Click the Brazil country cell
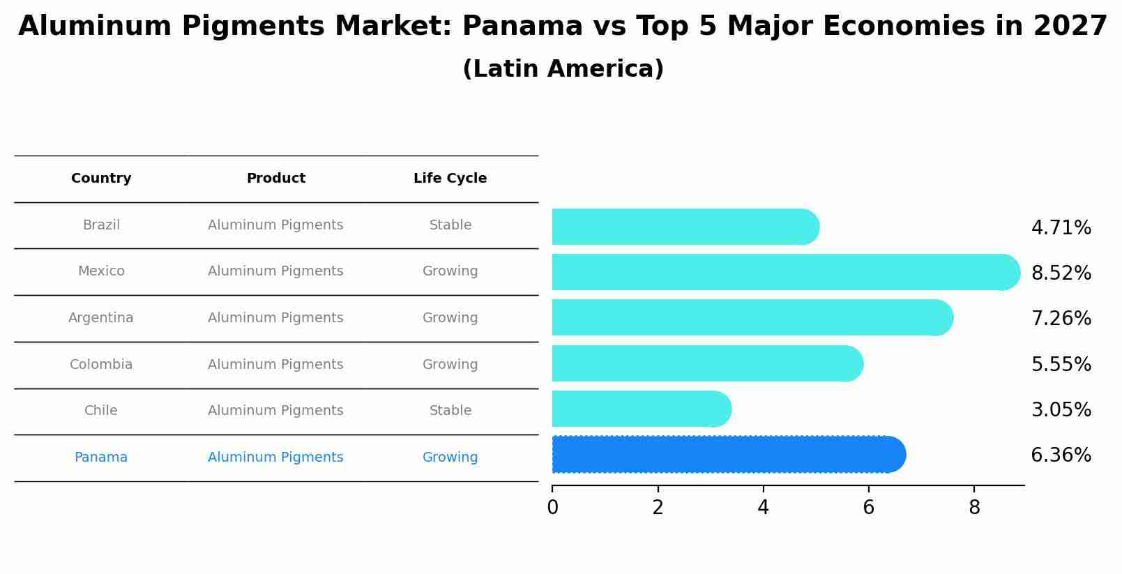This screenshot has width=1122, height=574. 101,225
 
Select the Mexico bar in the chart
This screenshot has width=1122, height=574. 781,272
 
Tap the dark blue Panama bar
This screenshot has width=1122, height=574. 725,455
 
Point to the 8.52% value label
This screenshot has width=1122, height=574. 1061,273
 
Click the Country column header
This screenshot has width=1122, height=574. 101,179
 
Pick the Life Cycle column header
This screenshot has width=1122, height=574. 450,179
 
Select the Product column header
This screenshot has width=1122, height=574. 275,179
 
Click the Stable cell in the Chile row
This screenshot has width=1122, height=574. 450,411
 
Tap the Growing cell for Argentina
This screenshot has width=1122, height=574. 450,318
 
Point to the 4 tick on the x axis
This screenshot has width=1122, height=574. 763,508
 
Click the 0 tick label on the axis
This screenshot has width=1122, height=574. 552,508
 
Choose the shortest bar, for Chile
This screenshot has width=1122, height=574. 638,409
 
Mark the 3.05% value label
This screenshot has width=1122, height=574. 1061,410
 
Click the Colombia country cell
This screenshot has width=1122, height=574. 101,365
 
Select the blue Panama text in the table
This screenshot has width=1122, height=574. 101,458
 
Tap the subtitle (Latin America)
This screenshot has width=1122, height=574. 563,69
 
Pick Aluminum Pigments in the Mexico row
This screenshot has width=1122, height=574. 275,271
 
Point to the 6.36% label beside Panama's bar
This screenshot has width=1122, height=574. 1061,455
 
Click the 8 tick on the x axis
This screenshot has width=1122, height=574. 974,508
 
